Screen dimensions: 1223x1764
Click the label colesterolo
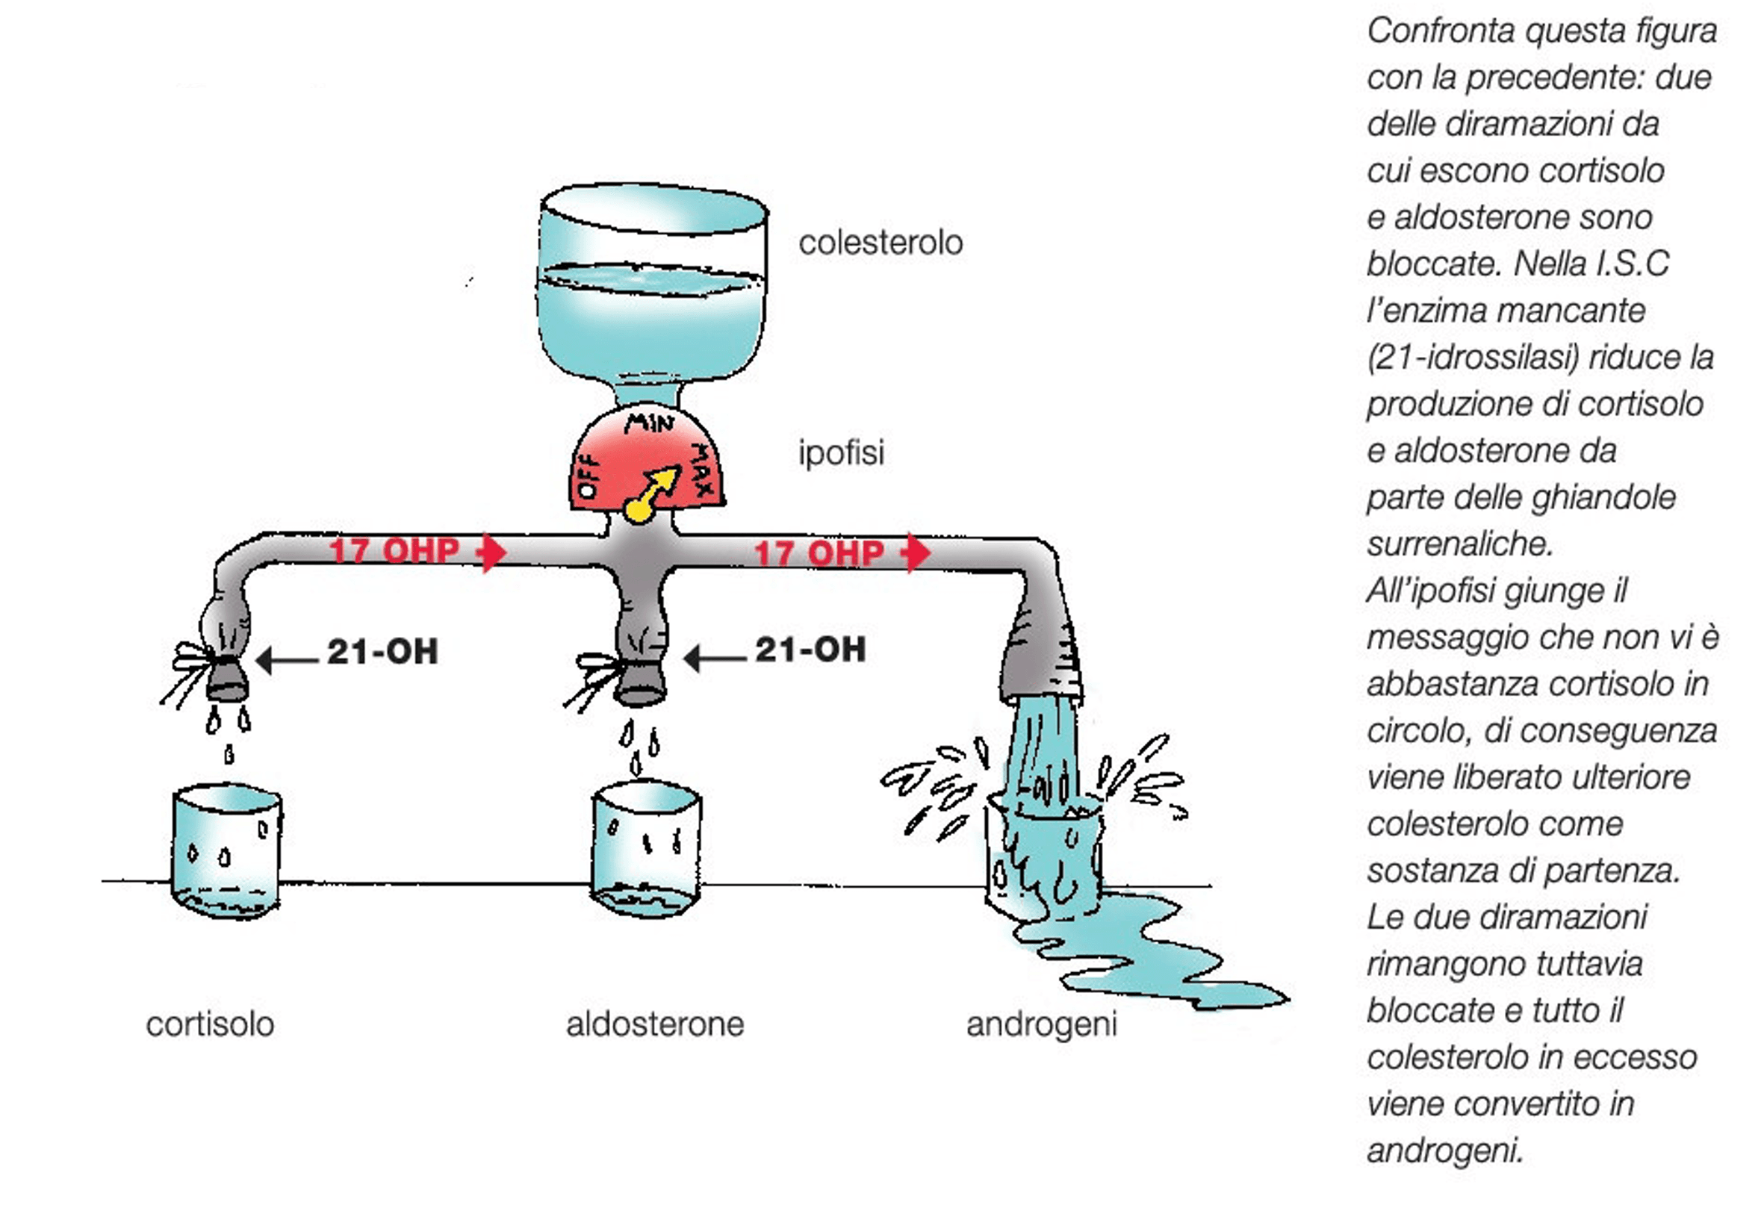(x=880, y=243)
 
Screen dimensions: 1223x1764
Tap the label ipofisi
(x=841, y=452)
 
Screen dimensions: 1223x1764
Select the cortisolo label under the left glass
(x=210, y=1024)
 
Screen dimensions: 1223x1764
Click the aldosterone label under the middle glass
(x=654, y=1024)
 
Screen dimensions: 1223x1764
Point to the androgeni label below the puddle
(x=1040, y=1024)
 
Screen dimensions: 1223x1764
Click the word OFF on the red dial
(x=588, y=475)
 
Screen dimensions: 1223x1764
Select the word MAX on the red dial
(x=703, y=469)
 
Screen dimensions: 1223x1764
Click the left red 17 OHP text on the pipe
(x=394, y=551)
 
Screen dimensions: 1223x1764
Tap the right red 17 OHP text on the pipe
(x=819, y=553)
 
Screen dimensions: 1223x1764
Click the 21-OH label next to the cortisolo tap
(x=382, y=652)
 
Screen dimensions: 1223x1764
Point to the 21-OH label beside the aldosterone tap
(x=810, y=650)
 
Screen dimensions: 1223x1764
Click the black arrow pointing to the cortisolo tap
(x=287, y=659)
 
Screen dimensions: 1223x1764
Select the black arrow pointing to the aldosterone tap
(x=713, y=658)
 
